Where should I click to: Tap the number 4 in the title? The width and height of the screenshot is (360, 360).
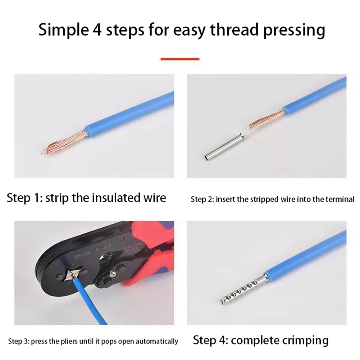[95, 30]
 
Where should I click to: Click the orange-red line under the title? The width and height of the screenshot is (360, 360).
[180, 59]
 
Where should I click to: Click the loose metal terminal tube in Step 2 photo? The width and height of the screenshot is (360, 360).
[224, 147]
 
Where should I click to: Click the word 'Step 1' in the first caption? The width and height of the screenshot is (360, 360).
[24, 198]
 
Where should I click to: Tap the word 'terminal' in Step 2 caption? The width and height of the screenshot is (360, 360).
[340, 199]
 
